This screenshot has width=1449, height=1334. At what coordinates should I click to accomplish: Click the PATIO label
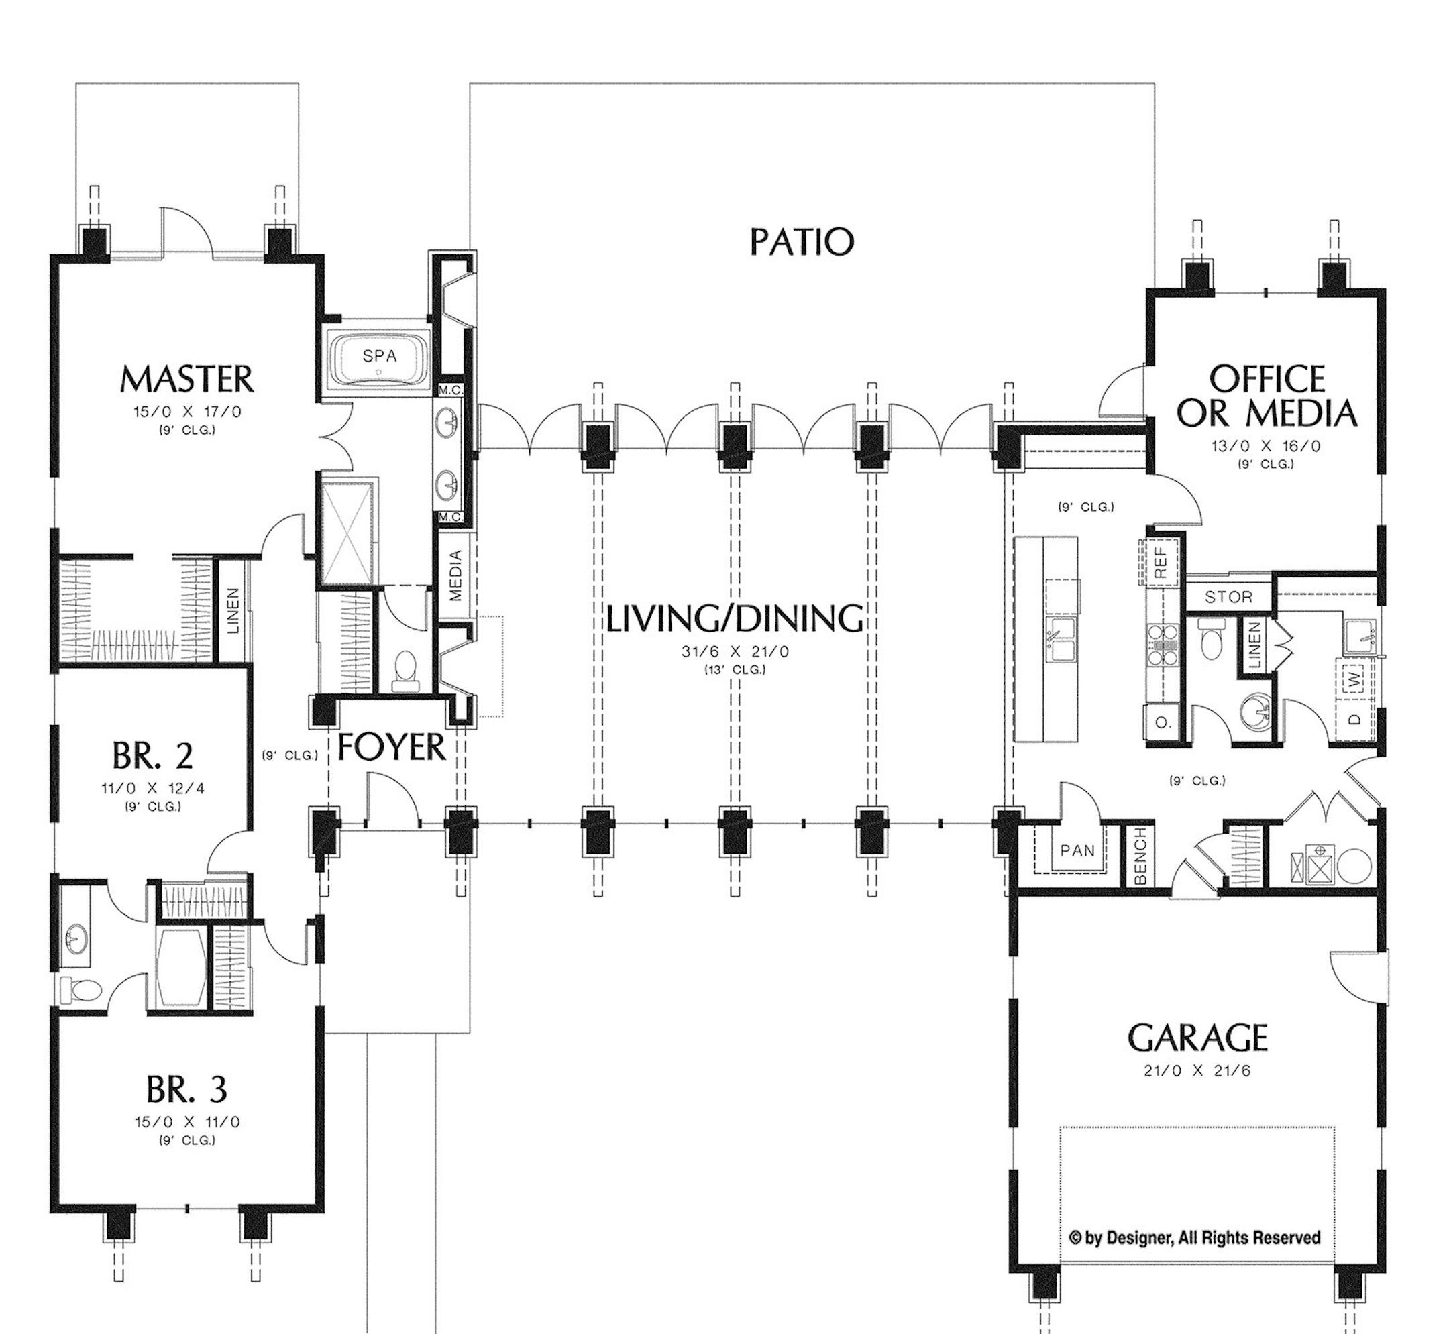point(802,242)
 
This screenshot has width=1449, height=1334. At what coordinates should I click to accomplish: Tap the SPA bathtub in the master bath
point(379,357)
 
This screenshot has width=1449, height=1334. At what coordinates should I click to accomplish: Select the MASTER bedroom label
point(186,379)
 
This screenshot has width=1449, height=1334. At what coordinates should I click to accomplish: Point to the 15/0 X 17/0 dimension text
point(187,412)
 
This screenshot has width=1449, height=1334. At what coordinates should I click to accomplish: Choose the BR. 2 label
point(152,756)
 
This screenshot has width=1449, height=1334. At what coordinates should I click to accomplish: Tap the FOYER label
point(391,747)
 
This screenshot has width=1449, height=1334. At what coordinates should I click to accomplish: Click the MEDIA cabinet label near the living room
point(455,575)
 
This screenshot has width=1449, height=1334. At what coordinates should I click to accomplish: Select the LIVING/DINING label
point(735,618)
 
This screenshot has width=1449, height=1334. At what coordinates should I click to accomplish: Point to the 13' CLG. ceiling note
point(735,669)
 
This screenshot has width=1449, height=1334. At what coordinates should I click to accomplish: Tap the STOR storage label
point(1228,597)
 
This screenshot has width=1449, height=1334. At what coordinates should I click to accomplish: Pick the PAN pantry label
point(1077,850)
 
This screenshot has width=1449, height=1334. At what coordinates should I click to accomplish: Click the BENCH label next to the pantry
point(1140,856)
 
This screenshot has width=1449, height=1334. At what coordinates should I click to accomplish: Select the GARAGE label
point(1197,1038)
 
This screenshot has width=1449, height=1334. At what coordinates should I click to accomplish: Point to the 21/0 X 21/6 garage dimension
point(1197,1070)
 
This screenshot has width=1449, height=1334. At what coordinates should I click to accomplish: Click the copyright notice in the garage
point(1194,1238)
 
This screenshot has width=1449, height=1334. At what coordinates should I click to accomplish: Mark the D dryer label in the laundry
point(1354,719)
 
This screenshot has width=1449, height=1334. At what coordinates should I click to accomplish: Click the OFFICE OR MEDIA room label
point(1267,396)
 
